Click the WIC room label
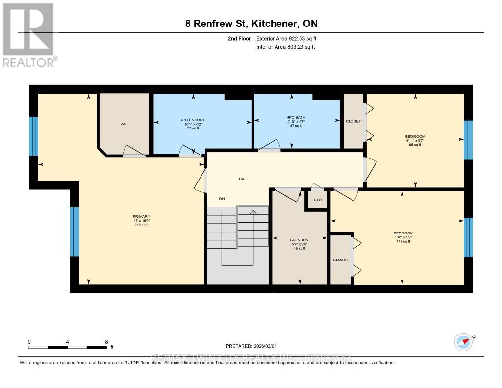[x=124, y=124]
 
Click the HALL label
[x=244, y=179]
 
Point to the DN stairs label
[x=222, y=199]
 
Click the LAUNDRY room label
[x=299, y=240]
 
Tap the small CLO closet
[x=318, y=200]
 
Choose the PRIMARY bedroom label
[x=141, y=217]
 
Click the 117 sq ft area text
[x=403, y=241]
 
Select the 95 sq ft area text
[x=415, y=145]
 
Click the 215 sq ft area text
[x=141, y=225]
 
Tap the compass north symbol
[x=463, y=340]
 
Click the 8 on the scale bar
[x=106, y=342]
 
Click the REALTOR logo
[x=29, y=34]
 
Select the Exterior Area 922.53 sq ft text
[x=289, y=38]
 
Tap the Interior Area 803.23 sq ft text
[x=285, y=47]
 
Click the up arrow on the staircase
[x=253, y=213]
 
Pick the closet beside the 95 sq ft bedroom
[x=353, y=121]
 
